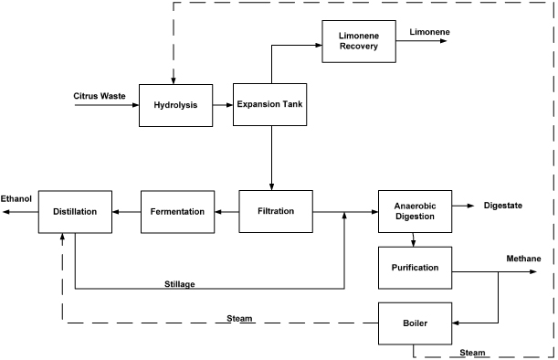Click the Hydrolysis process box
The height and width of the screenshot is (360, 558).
174,105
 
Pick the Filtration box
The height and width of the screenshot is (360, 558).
276,211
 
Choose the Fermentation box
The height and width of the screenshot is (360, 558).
177,211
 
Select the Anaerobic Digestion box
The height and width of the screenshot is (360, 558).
416,211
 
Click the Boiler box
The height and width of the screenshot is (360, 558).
416,323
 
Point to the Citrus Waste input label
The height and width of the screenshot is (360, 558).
100,96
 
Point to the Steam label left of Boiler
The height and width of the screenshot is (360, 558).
240,318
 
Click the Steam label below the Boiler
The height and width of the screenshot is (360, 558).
473,353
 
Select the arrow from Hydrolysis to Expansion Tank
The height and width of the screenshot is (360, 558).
221,105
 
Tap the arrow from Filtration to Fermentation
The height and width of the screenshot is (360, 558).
226,211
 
